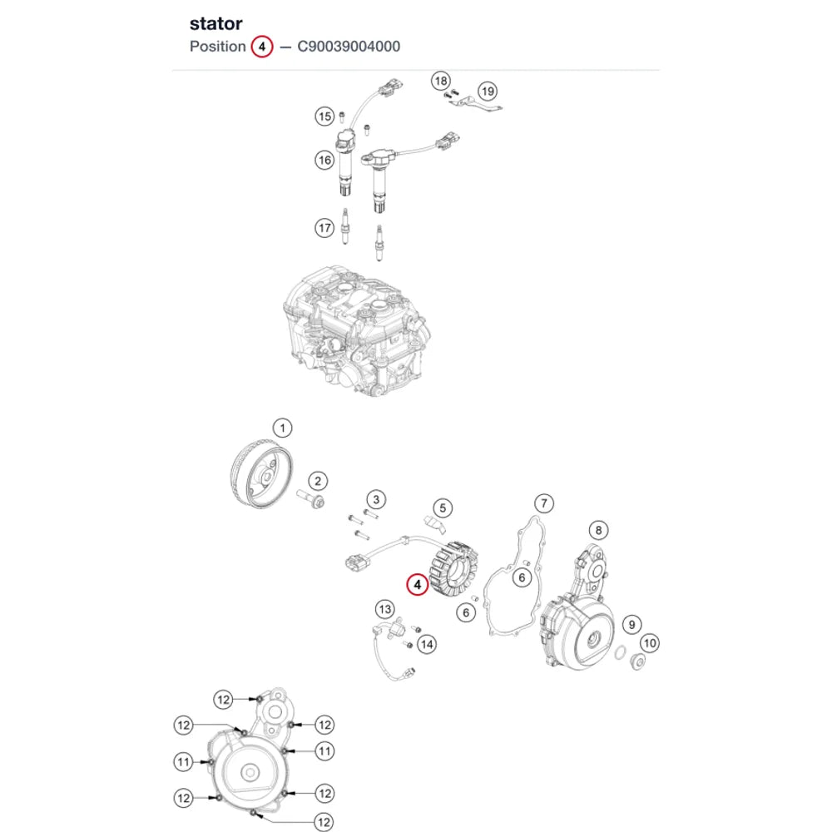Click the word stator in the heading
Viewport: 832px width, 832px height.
pos(216,24)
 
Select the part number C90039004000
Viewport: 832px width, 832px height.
pos(349,47)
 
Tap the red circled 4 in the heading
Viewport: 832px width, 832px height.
pos(261,47)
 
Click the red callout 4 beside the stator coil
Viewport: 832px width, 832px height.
pos(417,585)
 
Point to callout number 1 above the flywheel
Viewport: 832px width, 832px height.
pos(282,428)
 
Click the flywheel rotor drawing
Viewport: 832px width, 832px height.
pos(261,473)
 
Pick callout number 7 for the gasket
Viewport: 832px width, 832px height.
pos(544,503)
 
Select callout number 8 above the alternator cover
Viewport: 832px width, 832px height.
pos(598,529)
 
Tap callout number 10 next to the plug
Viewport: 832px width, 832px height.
pos(650,644)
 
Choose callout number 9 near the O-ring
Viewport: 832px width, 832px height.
pos(631,625)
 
